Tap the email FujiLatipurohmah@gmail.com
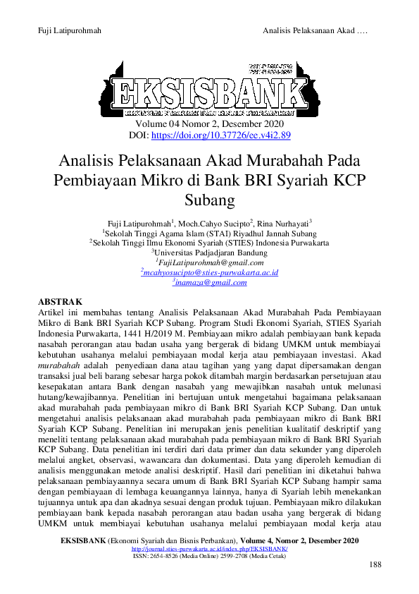click(209, 262)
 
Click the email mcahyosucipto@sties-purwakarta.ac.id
click(209, 272)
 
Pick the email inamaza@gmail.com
click(209, 282)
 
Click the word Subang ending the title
click(209, 200)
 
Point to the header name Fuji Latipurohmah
click(69, 30)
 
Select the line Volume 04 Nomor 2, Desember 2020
click(209, 124)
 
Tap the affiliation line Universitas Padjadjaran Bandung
click(209, 253)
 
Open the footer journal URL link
click(209, 548)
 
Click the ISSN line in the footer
click(209, 556)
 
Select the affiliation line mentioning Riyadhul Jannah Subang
click(209, 233)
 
